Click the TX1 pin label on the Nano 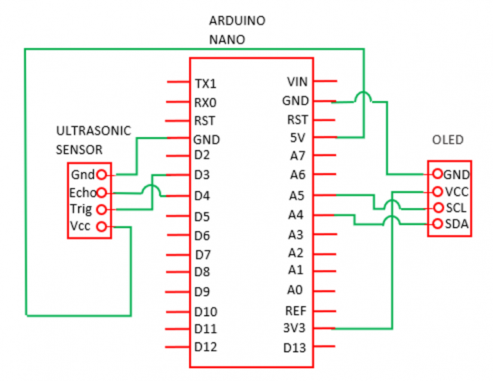205,84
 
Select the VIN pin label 297,82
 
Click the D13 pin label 296,348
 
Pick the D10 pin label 205,312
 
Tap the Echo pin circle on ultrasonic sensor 101,192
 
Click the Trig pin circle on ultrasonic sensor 101,209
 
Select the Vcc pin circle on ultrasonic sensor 101,226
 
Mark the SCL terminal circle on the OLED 437,208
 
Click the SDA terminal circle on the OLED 437,224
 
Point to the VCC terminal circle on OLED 437,191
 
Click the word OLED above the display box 448,140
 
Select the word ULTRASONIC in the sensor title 94,131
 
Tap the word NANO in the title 227,39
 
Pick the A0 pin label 296,289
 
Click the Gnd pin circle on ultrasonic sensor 101,174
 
